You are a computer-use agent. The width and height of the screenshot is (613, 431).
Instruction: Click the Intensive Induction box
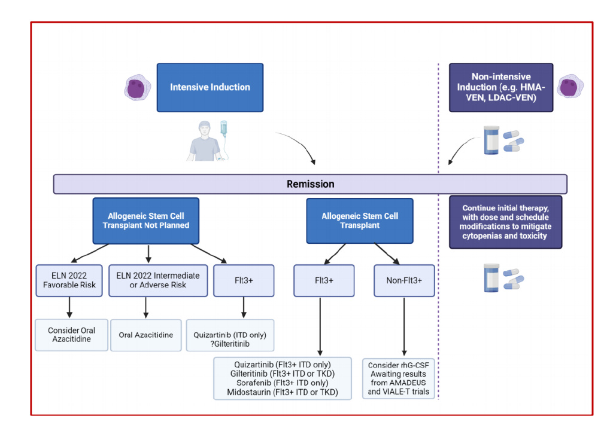click(210, 87)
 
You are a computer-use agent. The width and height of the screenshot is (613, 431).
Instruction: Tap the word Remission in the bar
click(310, 184)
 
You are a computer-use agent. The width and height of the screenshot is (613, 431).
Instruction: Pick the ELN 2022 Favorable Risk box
click(71, 280)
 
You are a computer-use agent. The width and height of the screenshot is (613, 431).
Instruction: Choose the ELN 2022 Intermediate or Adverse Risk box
click(158, 280)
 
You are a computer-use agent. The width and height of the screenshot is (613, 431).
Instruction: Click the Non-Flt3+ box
click(404, 280)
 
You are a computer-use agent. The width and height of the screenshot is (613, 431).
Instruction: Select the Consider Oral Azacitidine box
click(71, 335)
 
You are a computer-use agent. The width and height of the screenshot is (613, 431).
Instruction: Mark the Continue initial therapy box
click(505, 222)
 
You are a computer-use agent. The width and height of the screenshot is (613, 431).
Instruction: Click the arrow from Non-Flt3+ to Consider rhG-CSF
click(405, 326)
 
